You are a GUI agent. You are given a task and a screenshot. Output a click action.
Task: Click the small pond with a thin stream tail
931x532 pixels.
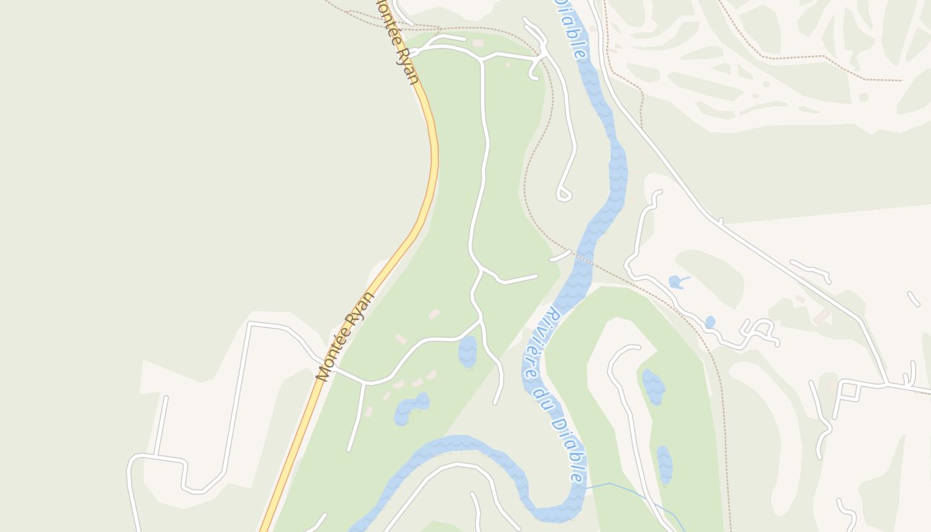[x=676, y=282]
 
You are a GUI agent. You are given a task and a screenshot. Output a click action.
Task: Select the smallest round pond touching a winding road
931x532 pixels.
[x=710, y=322]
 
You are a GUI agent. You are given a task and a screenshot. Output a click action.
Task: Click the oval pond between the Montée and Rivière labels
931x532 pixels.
[x=467, y=351]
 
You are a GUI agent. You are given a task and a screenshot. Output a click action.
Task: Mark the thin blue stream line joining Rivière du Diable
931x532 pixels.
[x=632, y=492]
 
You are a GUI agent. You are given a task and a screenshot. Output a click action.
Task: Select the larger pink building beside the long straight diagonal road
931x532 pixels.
[x=822, y=316]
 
